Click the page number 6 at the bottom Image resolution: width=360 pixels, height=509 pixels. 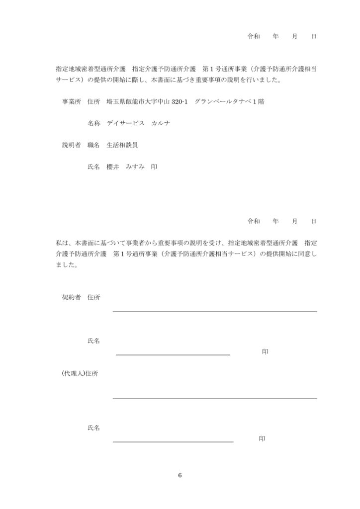tap(180, 475)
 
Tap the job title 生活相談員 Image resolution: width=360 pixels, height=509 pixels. tap(122, 145)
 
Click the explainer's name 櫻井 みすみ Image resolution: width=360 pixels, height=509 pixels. tap(125, 168)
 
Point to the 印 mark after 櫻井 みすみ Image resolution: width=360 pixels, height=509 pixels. tap(154, 168)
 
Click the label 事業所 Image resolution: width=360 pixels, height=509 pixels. tap(71, 102)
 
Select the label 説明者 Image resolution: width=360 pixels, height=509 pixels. tap(71, 145)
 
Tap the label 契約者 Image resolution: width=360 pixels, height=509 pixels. tap(71, 297)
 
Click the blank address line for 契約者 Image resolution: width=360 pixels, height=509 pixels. tap(215, 311)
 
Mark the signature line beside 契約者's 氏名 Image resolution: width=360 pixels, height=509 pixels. tap(173, 355)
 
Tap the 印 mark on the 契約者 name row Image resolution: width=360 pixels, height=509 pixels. tap(265, 351)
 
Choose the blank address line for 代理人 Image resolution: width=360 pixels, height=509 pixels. tap(215, 398)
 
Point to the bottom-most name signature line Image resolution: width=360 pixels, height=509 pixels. tap(173, 441)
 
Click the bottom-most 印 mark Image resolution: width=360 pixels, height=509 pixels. tap(262, 438)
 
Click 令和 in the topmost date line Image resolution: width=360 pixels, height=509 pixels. tap(254, 37)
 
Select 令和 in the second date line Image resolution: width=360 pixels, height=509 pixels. tap(254, 221)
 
